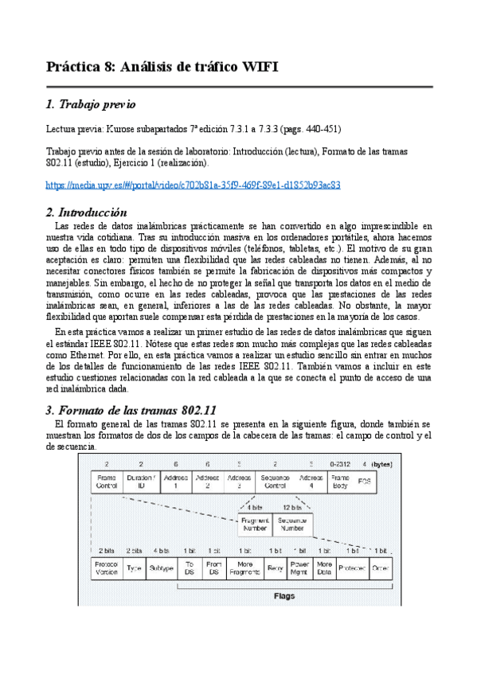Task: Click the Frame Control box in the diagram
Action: (x=106, y=482)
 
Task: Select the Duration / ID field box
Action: (x=141, y=482)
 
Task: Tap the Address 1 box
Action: (x=174, y=482)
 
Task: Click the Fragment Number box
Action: (x=255, y=523)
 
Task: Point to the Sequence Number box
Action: (x=292, y=523)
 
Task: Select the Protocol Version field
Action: (x=106, y=568)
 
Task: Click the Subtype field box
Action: (x=162, y=568)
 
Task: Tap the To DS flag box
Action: (x=189, y=568)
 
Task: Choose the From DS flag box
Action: (x=213, y=568)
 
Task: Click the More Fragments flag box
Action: (x=244, y=568)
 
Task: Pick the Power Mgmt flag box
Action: (x=300, y=568)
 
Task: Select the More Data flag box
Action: (x=324, y=568)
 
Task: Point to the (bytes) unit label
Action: (x=381, y=463)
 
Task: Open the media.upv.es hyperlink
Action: (x=194, y=185)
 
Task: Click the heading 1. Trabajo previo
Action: (x=91, y=104)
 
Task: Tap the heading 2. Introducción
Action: (x=87, y=213)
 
